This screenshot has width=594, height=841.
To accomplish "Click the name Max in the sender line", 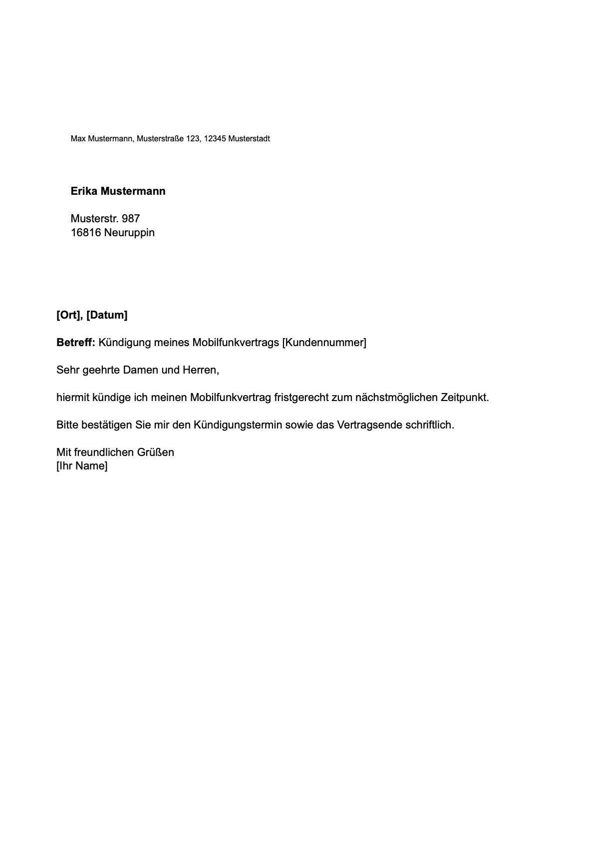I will (x=78, y=138).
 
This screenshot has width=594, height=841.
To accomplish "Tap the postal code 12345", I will (x=215, y=138).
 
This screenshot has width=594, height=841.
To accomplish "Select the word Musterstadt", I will (x=249, y=138).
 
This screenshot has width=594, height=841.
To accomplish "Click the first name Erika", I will (x=84, y=191).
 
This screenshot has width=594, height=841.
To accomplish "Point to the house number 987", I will (x=131, y=219).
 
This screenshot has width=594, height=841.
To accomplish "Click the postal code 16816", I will (x=86, y=233).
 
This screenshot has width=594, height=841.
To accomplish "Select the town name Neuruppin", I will (x=129, y=233).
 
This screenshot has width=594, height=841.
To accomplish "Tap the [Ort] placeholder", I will (x=69, y=315).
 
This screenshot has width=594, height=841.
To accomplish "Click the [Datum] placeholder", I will (x=107, y=315).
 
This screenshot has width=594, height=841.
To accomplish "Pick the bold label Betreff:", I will (x=75, y=343).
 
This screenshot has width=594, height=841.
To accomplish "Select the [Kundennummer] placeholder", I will (x=324, y=343).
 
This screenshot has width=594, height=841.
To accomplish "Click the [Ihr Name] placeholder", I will (x=82, y=466).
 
